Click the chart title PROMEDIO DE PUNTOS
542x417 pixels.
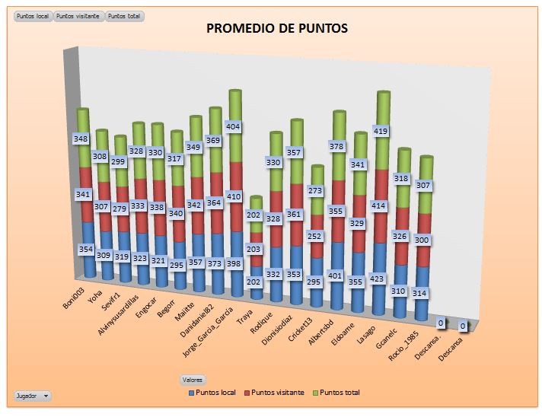click(277, 29)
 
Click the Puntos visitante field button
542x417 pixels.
click(78, 16)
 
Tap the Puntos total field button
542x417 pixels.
click(125, 16)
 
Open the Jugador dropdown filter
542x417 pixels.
click(33, 396)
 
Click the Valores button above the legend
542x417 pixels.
click(192, 379)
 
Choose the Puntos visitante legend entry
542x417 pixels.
click(277, 393)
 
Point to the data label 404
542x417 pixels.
click(234, 126)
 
